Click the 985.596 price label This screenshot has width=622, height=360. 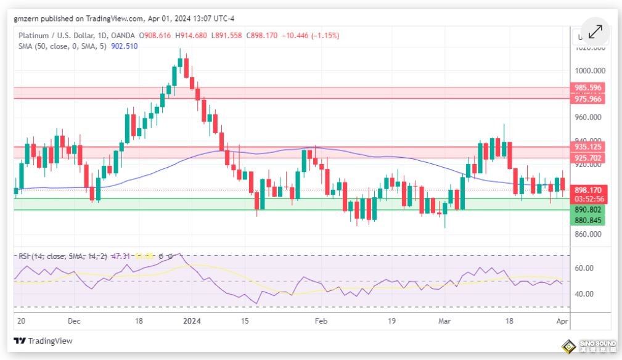587,88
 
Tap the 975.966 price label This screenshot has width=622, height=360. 587,99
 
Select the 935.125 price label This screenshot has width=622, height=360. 587,147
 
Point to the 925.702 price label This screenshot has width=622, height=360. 587,158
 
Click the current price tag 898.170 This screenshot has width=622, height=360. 587,190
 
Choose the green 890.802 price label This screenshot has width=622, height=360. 587,210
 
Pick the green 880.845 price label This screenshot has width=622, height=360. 587,220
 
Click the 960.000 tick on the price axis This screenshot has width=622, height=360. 587,117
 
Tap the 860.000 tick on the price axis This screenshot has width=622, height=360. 587,234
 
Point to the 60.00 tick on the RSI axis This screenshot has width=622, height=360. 584,268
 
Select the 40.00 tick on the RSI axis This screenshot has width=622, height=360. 584,293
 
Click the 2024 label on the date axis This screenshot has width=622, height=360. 193,321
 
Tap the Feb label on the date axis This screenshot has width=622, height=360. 320,321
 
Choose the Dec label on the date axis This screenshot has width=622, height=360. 75,321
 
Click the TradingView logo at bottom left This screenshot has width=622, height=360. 43,341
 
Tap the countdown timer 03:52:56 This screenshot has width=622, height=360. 587,199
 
